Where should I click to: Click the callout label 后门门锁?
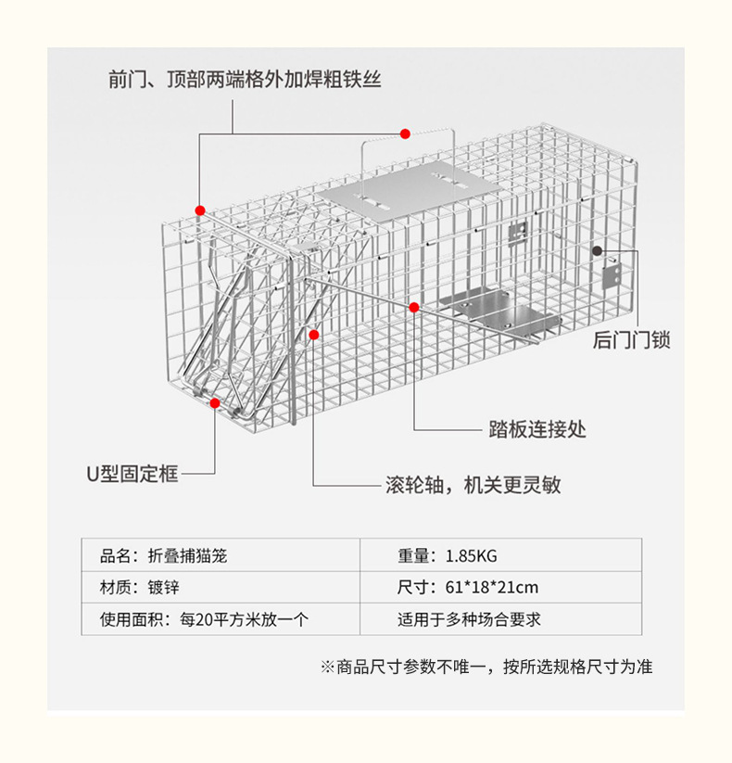click(x=631, y=341)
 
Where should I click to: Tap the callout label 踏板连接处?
click(x=537, y=429)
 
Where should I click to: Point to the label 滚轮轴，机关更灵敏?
click(x=473, y=486)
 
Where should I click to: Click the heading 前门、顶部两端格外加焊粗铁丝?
click(x=245, y=81)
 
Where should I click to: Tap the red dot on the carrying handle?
click(x=405, y=134)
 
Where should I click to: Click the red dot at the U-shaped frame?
click(x=215, y=403)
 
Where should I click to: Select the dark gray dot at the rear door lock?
click(x=598, y=250)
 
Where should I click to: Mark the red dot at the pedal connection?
click(x=414, y=306)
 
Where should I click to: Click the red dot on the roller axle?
click(x=315, y=334)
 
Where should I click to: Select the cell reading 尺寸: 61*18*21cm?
click(x=468, y=588)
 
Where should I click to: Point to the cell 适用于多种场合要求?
click(x=469, y=618)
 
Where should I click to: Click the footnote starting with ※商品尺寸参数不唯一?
click(x=486, y=667)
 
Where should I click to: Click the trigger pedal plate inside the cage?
click(x=500, y=311)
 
